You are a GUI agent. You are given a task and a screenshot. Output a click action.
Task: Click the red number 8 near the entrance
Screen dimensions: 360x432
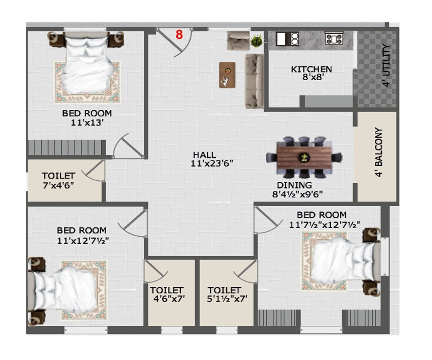coord(179,35)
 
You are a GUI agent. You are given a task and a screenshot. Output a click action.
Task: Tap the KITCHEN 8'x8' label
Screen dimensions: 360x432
coord(311,73)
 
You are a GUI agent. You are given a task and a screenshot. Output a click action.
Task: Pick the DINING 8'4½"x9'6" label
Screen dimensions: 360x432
coord(297,190)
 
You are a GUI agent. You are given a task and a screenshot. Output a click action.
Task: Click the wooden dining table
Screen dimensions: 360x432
coord(304,157)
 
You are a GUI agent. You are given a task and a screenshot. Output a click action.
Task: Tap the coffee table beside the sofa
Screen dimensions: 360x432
coord(227,75)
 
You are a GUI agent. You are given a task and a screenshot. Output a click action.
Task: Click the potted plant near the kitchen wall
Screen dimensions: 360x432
coord(257,40)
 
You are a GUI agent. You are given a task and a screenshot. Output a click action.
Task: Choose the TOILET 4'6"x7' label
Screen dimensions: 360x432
coord(167,294)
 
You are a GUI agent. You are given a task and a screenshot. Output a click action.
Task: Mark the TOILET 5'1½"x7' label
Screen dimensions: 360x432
coord(225,294)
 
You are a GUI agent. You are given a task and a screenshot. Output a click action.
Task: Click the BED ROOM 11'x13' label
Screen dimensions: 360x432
coord(87,117)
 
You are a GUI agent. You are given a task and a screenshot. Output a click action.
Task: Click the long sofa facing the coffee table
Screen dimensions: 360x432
coord(254,81)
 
